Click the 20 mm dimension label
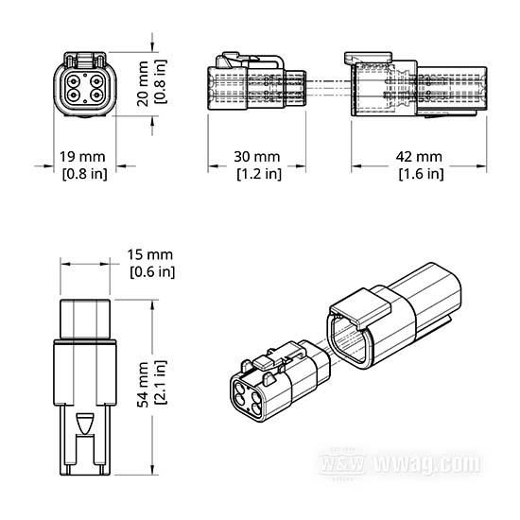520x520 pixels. [x=143, y=83]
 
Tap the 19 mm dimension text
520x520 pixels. [x=82, y=157]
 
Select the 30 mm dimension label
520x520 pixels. [x=256, y=157]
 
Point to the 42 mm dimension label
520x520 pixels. [x=419, y=157]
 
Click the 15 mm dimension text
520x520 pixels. [x=150, y=254]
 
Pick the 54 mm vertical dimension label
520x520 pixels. [x=144, y=385]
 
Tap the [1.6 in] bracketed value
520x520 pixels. [x=421, y=174]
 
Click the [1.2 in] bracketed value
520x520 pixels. [x=259, y=174]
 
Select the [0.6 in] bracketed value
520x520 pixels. [x=152, y=272]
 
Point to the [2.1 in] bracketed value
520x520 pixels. [x=161, y=382]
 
